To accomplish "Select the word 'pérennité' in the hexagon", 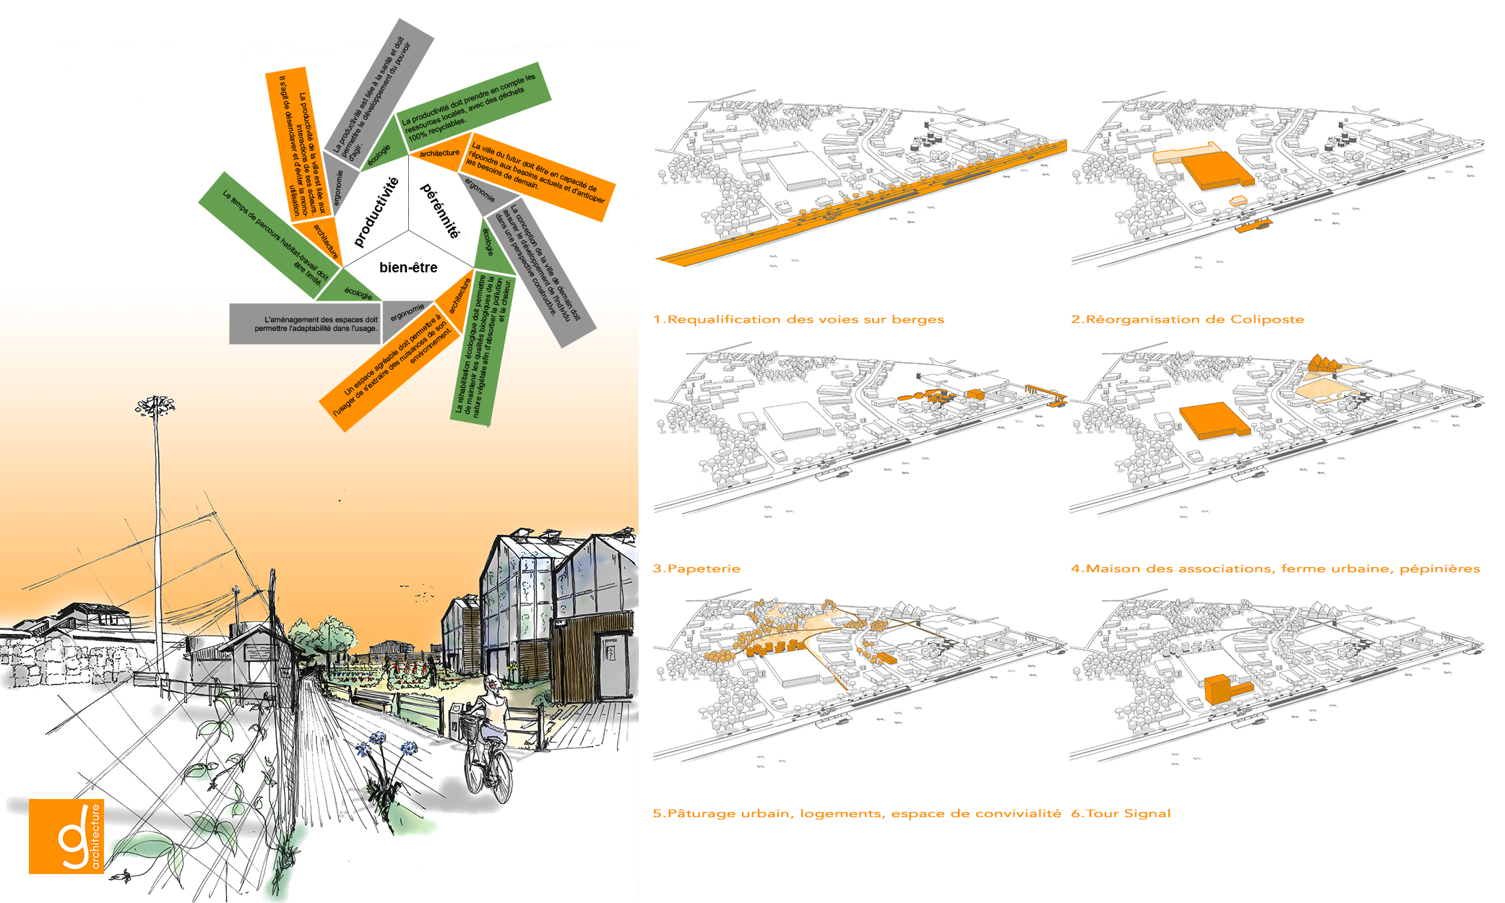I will pyautogui.click(x=440, y=210).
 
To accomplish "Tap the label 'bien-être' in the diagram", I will pyautogui.click(x=408, y=267).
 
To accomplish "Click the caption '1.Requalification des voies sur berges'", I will pyautogui.click(x=798, y=319).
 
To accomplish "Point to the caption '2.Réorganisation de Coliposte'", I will pyautogui.click(x=1187, y=319).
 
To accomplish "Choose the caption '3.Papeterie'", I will pyautogui.click(x=697, y=569).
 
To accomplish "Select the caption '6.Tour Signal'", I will pyautogui.click(x=1121, y=813).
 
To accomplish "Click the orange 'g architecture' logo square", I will pyautogui.click(x=66, y=836).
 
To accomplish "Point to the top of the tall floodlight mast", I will pyautogui.click(x=155, y=405).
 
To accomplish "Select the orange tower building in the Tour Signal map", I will pyautogui.click(x=1217, y=689).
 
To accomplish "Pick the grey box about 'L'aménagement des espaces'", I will pyautogui.click(x=305, y=324).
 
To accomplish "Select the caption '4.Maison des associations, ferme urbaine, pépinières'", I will pyautogui.click(x=1275, y=569).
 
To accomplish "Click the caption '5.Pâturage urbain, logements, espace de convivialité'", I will pyautogui.click(x=857, y=813).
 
